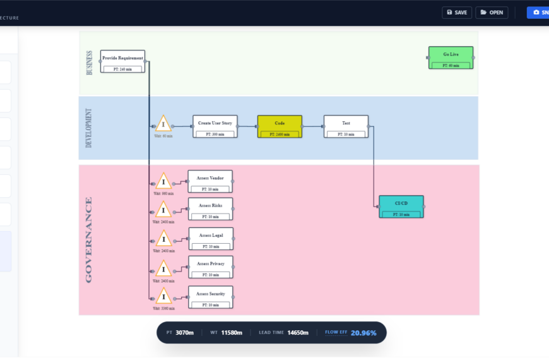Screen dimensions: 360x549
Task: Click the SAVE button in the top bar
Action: click(456, 13)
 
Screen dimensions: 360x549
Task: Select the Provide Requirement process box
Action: click(122, 61)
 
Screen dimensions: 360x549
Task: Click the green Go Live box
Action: click(451, 57)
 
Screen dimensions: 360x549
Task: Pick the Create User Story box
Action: click(215, 126)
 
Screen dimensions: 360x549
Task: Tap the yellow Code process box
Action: click(280, 126)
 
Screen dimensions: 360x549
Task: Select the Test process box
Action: click(346, 126)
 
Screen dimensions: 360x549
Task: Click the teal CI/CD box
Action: click(401, 207)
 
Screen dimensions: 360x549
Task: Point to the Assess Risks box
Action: click(210, 209)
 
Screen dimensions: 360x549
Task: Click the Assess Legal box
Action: click(211, 239)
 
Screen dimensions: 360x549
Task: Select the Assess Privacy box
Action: click(211, 267)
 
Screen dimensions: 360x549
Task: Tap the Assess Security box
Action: click(211, 297)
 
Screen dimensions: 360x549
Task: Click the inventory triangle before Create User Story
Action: click(163, 124)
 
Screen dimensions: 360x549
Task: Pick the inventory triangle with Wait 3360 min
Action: click(163, 297)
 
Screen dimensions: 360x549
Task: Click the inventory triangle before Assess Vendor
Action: click(163, 182)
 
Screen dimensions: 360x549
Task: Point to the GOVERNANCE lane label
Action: click(89, 239)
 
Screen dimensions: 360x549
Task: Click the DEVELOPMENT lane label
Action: click(89, 128)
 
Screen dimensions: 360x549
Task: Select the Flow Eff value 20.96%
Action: click(363, 333)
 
